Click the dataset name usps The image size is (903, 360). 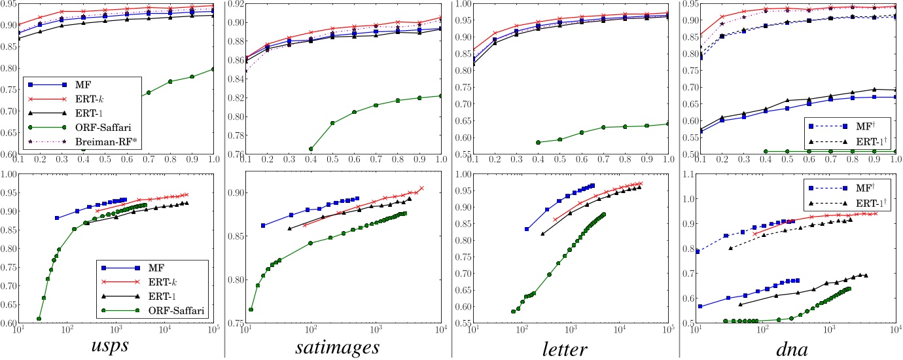[x=108, y=345]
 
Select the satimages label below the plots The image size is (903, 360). [x=337, y=345]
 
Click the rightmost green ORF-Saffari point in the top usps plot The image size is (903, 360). [x=213, y=69]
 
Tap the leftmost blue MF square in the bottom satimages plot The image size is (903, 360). [x=263, y=225]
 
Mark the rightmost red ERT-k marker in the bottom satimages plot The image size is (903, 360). [x=421, y=188]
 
